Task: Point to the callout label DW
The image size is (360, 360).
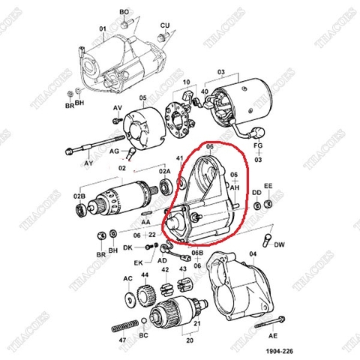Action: (280, 244)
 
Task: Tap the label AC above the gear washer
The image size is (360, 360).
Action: (128, 278)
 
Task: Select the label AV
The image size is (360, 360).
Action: (117, 109)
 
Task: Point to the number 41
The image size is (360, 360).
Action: (179, 160)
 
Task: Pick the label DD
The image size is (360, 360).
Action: (256, 193)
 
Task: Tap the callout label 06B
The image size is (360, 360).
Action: (197, 253)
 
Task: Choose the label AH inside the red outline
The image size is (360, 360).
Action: (234, 189)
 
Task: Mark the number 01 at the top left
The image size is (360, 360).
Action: (103, 30)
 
